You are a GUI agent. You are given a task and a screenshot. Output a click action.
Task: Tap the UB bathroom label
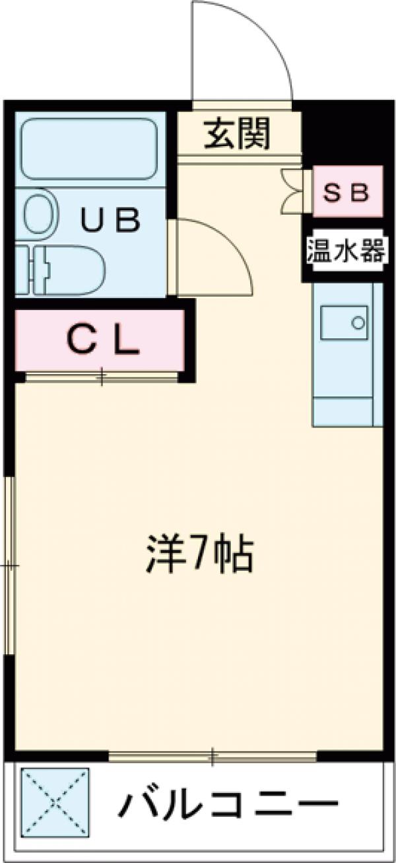tap(111, 219)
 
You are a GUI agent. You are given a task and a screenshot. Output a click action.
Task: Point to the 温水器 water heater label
tap(345, 252)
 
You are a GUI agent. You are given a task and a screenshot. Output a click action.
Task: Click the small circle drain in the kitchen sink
tap(358, 323)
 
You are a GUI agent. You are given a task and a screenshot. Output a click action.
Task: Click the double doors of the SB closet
tap(293, 191)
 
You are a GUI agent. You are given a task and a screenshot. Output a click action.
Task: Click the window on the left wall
tap(9, 565)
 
